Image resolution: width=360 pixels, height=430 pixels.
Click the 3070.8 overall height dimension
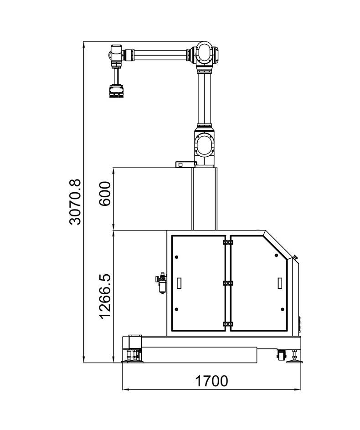click(75, 202)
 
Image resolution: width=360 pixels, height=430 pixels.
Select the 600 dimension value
click(105, 194)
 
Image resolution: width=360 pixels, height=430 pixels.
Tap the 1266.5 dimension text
click(105, 296)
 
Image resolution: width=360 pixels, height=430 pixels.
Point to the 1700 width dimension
click(211, 381)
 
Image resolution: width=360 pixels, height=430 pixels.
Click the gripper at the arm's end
click(116, 91)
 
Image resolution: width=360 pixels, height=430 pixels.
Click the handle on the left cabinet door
click(180, 283)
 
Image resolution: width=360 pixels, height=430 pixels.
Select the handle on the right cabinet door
click(280, 283)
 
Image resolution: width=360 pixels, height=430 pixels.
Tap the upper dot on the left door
click(176, 257)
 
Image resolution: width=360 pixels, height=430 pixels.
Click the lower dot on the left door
click(176, 309)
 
